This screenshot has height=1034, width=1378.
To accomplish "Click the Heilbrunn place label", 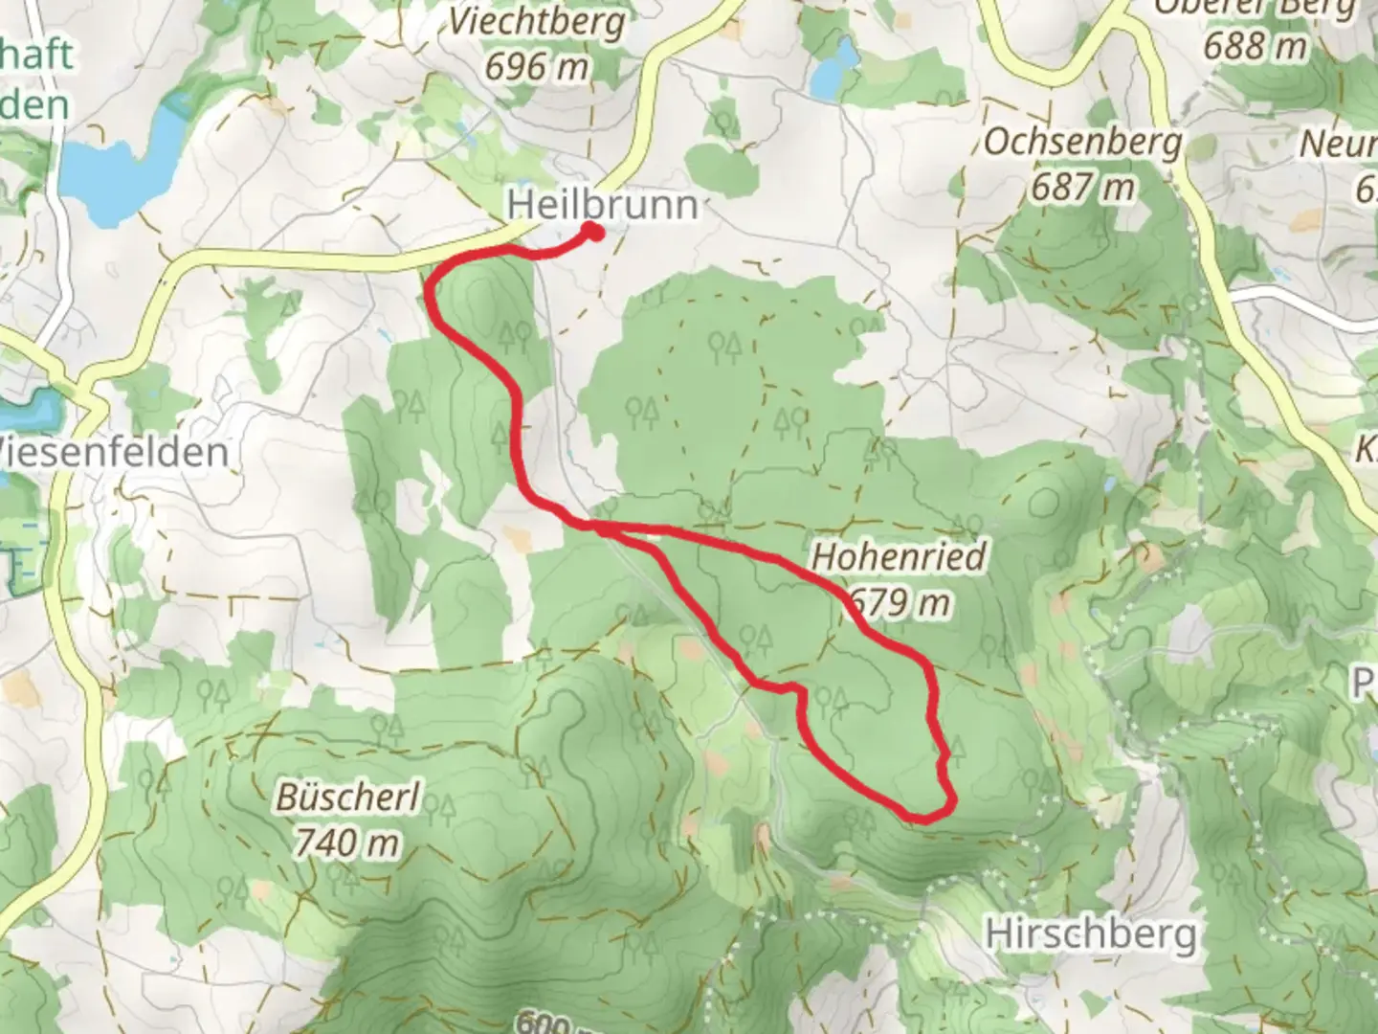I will [602, 205].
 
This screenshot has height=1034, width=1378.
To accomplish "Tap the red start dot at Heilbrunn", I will [592, 231].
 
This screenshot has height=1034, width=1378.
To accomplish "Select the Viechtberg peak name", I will [539, 22].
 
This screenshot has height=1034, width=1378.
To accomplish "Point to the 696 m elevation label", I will [536, 66].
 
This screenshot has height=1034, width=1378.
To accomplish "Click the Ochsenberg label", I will [1082, 142].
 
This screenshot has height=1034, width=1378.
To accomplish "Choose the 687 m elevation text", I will [1082, 186].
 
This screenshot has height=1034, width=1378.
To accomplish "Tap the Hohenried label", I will [898, 556].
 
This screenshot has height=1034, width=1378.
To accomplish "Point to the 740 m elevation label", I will [345, 843].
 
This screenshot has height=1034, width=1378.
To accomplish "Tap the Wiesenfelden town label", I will [115, 452].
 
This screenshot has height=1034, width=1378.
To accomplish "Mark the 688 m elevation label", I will [1255, 45].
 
